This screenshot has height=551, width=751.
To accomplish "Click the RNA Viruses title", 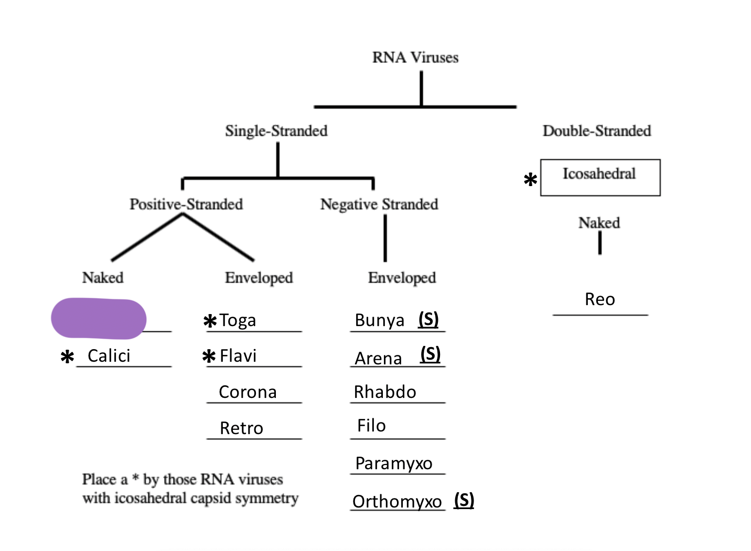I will (x=415, y=57).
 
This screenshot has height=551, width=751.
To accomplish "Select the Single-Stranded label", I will (x=276, y=131).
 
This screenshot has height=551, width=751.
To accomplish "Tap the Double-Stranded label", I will (x=596, y=131).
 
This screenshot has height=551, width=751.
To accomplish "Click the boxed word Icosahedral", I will (x=599, y=174).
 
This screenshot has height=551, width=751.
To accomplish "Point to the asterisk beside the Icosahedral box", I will (x=530, y=180).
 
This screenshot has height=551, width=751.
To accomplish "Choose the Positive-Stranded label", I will (x=186, y=204).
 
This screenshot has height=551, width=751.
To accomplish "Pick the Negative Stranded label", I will (x=379, y=204).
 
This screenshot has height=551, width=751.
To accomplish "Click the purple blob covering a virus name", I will (x=99, y=318).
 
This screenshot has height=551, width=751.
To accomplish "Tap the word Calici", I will (x=109, y=355).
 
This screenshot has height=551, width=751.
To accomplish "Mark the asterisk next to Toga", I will (x=210, y=321).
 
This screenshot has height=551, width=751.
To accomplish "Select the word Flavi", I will (x=238, y=356).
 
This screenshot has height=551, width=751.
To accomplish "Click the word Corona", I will (x=248, y=392).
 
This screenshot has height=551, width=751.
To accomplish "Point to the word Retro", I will (x=241, y=428).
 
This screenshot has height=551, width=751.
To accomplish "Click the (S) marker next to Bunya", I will (x=428, y=319).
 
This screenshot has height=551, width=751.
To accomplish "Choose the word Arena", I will (x=378, y=359).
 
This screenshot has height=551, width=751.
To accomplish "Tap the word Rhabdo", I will (x=385, y=392).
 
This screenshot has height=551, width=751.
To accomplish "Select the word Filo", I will (x=371, y=426).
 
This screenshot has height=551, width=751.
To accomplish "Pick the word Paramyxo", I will (x=393, y=463).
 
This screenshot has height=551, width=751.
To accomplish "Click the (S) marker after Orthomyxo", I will (x=464, y=500).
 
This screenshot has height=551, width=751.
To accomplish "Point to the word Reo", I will (x=599, y=299).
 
